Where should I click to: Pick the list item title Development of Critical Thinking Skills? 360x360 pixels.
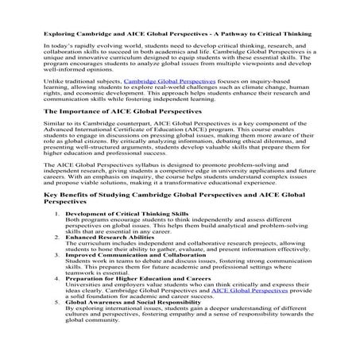click(x=126, y=215)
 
